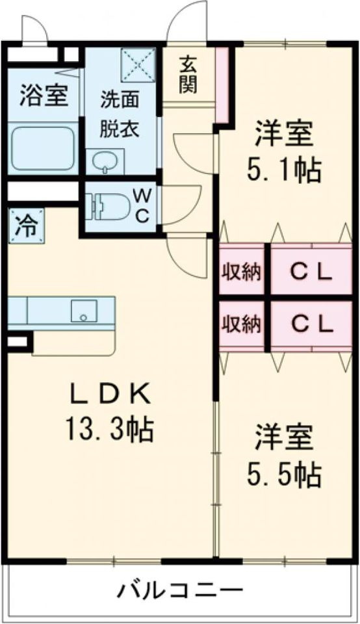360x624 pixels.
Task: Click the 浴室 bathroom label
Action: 44,97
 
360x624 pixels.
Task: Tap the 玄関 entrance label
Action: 188,75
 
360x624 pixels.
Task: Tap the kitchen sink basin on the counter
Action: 84,311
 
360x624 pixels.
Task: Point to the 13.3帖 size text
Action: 109,428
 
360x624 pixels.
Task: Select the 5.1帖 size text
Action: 284,170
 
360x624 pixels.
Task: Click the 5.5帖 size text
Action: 284,475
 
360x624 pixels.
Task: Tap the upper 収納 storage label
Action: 242,271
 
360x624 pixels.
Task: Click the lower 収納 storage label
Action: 242,323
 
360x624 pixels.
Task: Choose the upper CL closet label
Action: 311,271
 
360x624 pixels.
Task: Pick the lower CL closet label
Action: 311,323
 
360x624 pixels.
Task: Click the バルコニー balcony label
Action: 180,591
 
